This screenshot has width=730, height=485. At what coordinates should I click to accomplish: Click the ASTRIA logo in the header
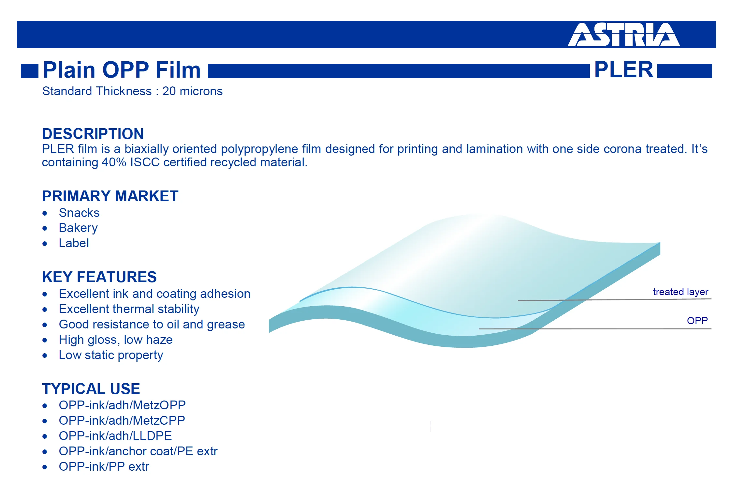tap(624, 35)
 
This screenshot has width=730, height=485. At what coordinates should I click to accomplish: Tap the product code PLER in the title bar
tap(624, 69)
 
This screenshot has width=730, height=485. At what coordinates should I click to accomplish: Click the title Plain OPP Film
tap(122, 70)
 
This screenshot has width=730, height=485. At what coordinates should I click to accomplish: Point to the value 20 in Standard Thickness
tap(169, 91)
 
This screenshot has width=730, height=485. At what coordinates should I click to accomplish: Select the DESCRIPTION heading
tap(93, 134)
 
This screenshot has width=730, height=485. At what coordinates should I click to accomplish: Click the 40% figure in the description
tap(114, 162)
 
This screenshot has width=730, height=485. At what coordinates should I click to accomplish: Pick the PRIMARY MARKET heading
tap(110, 196)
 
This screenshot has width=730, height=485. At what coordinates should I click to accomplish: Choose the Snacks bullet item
tap(79, 213)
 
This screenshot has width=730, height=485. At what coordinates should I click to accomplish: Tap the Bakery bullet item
tap(78, 228)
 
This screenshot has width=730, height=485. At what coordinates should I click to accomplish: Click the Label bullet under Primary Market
tap(74, 243)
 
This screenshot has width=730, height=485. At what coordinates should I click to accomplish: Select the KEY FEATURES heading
tap(99, 277)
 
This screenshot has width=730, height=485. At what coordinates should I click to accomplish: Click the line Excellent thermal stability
tap(129, 309)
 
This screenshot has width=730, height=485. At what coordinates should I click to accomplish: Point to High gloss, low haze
tap(116, 340)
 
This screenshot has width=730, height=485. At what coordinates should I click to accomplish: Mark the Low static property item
tap(111, 355)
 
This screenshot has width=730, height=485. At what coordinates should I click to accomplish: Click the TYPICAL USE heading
tap(91, 389)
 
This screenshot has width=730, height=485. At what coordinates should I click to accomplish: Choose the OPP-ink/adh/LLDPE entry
tap(115, 436)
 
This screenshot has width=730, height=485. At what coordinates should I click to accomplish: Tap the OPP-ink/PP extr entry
tap(104, 466)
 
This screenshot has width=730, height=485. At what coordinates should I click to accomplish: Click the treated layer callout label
tap(680, 292)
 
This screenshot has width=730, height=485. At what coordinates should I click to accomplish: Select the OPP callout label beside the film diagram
tap(697, 321)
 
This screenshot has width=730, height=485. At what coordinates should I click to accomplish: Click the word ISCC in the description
tap(145, 162)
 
